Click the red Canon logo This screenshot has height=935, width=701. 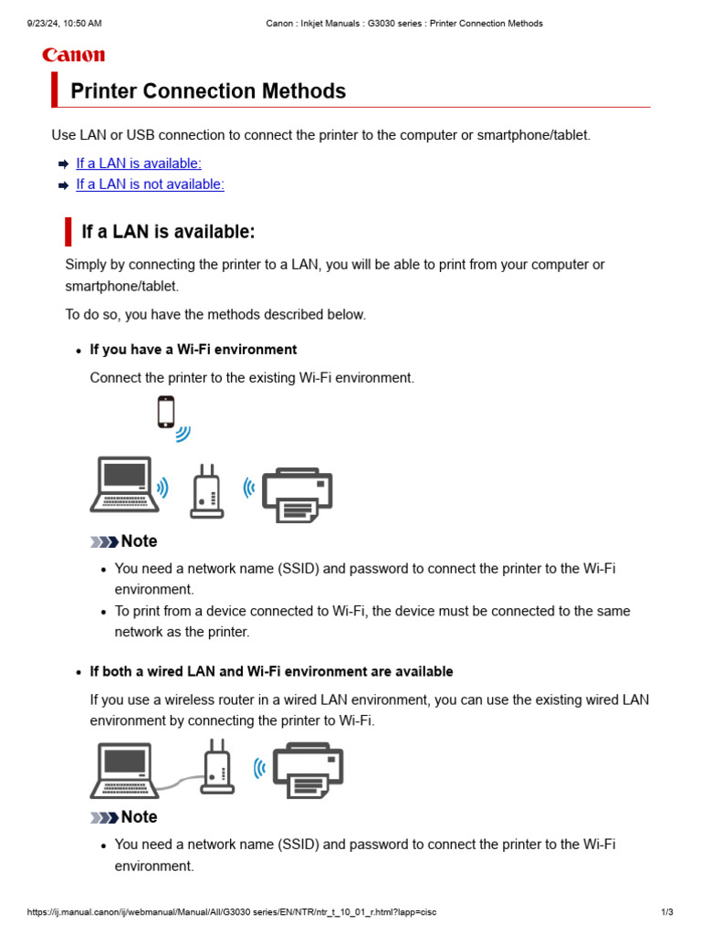tap(73, 56)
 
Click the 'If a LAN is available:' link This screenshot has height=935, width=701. tap(139, 163)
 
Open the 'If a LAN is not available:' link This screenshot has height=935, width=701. tap(150, 184)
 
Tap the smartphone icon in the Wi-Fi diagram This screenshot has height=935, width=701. tap(165, 412)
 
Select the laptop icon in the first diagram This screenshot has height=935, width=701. tap(123, 485)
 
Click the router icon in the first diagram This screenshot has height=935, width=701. tap(206, 492)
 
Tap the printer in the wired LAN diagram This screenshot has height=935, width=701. tap(309, 770)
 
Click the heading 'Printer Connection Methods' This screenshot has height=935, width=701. tap(208, 91)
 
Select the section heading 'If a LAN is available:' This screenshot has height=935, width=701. tap(168, 232)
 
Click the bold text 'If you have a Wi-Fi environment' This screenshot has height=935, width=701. tap(194, 350)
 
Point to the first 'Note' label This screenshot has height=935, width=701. tap(138, 541)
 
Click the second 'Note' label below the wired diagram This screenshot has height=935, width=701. tap(138, 817)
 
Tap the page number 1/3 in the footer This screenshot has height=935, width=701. tap(667, 912)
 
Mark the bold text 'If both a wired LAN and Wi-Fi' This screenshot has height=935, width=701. tap(271, 672)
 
